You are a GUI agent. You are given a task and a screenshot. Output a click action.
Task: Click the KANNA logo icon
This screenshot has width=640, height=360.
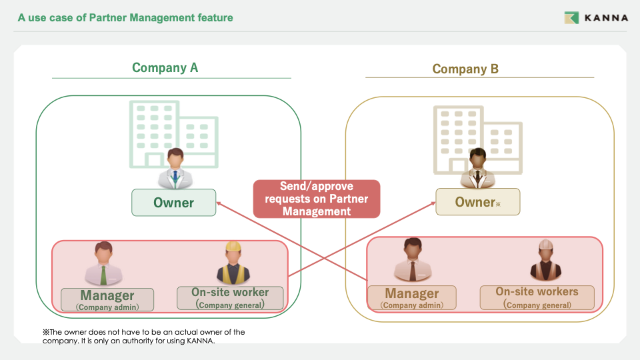pyautogui.click(x=571, y=18)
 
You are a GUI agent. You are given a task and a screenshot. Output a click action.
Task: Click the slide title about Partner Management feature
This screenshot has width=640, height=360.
pyautogui.click(x=125, y=18)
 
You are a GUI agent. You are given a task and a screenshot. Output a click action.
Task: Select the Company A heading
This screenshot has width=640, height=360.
pyautogui.click(x=165, y=67)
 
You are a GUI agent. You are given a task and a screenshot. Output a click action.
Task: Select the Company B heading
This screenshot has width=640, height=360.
pyautogui.click(x=465, y=69)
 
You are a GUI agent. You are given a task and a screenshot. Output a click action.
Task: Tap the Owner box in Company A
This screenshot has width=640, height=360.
pyautogui.click(x=173, y=203)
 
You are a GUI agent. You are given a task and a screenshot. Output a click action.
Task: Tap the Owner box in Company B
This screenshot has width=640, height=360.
pyautogui.click(x=477, y=202)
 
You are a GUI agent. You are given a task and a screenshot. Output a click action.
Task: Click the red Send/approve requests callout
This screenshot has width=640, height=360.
pyautogui.click(x=317, y=199)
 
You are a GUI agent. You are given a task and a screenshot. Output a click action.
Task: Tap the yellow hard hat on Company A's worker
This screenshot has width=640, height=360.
pyautogui.click(x=233, y=247)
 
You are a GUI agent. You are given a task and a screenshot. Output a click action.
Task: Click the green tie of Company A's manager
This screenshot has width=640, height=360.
pyautogui.click(x=103, y=275)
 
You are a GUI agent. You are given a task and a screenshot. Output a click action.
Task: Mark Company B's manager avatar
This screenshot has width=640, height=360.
pyautogui.click(x=412, y=261)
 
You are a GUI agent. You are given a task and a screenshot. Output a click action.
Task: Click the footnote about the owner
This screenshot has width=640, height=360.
pyautogui.click(x=144, y=337)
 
